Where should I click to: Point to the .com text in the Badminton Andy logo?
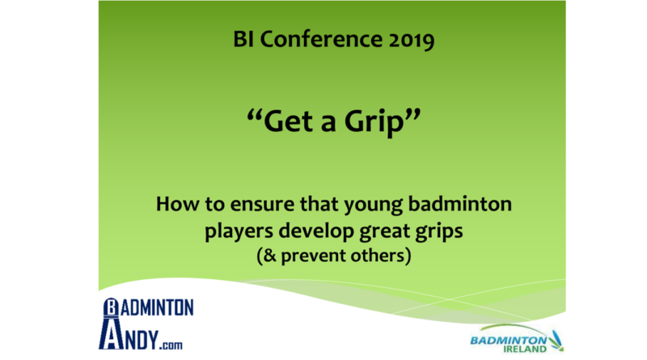coord(171,345)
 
